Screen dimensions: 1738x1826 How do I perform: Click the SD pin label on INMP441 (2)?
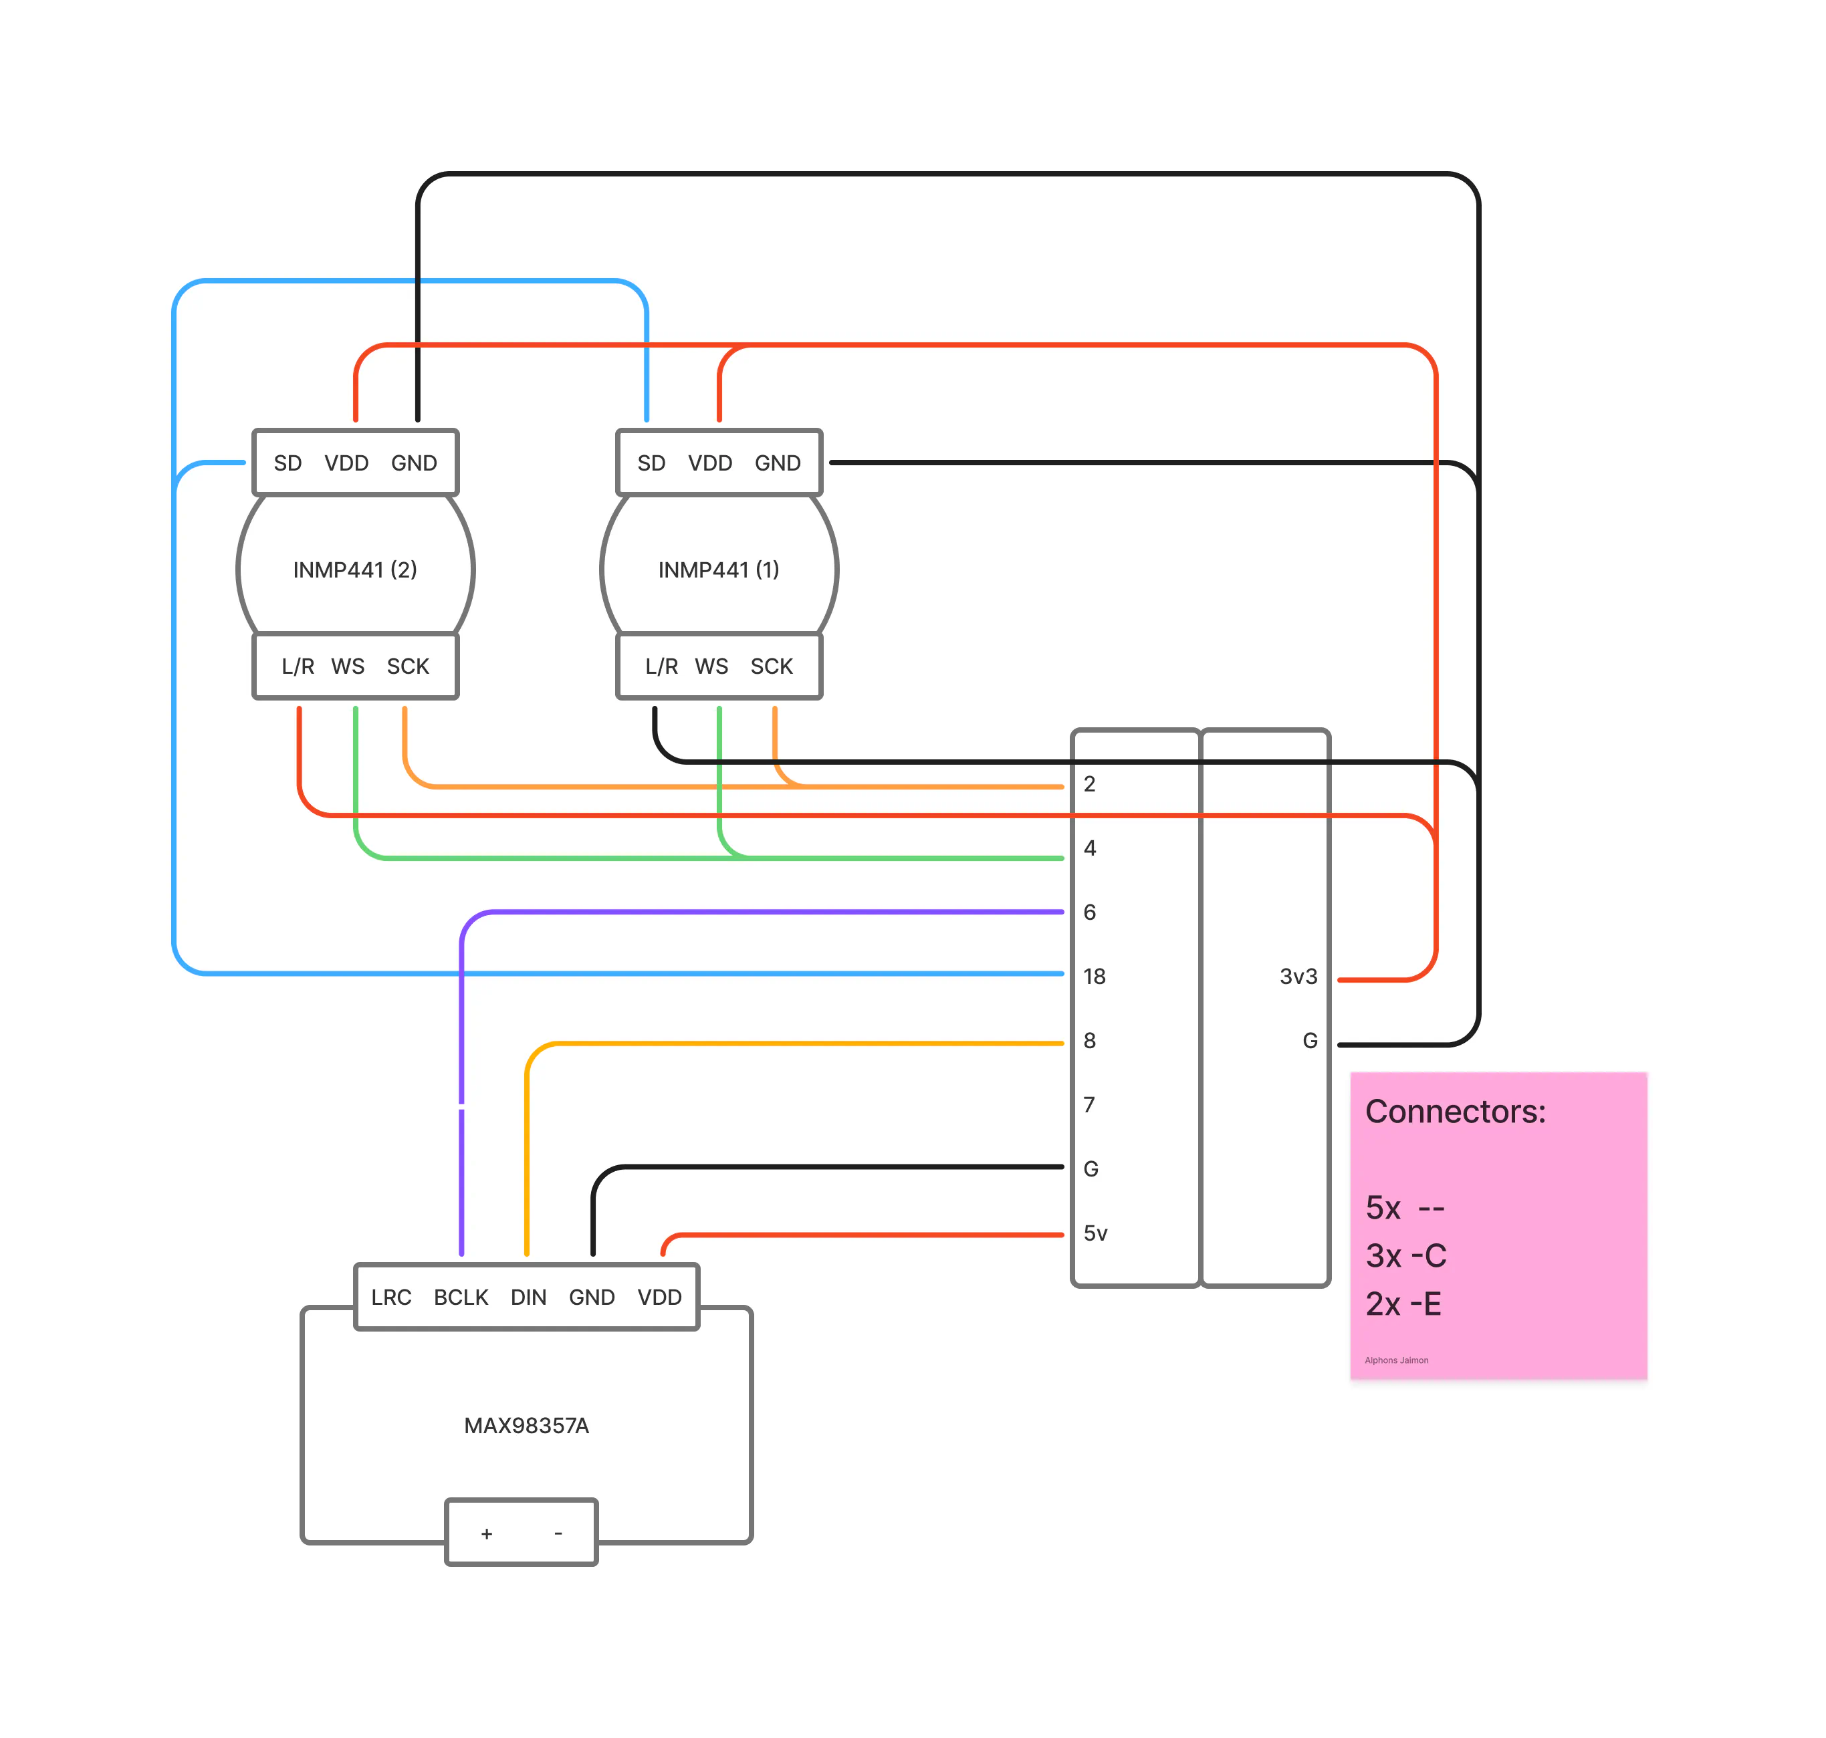pyautogui.click(x=288, y=463)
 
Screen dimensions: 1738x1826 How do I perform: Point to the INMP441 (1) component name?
pyautogui.click(x=718, y=569)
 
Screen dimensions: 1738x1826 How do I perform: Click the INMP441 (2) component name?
pyautogui.click(x=355, y=569)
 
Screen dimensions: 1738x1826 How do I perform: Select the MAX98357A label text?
pyautogui.click(x=526, y=1425)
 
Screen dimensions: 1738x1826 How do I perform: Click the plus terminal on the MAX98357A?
pyautogui.click(x=486, y=1534)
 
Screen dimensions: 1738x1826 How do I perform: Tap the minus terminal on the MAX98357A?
pyautogui.click(x=558, y=1533)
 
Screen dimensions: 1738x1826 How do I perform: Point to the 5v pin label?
pyautogui.click(x=1095, y=1233)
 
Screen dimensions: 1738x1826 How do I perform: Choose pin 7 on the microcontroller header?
pyautogui.click(x=1089, y=1104)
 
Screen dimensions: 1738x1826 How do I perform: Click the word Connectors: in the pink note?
pyautogui.click(x=1454, y=1111)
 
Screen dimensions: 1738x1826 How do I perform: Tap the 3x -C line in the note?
pyautogui.click(x=1405, y=1255)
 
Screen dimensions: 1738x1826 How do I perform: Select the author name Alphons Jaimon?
pyautogui.click(x=1395, y=1360)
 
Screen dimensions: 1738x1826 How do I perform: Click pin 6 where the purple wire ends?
pyautogui.click(x=1089, y=912)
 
